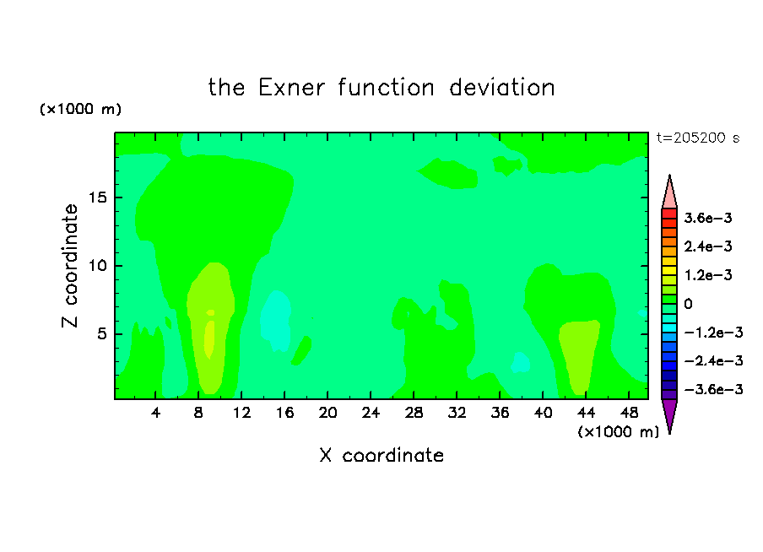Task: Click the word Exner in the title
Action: (x=291, y=88)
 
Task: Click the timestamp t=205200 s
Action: (x=698, y=138)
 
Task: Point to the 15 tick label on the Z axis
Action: (x=97, y=198)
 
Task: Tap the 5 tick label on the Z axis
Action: (x=101, y=334)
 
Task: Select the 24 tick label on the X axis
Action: (x=371, y=414)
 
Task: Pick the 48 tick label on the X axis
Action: (x=629, y=414)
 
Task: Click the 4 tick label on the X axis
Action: (x=155, y=414)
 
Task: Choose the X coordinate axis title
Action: (x=381, y=456)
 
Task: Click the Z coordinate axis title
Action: (x=69, y=266)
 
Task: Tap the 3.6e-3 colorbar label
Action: (x=708, y=218)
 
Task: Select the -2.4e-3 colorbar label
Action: (x=713, y=360)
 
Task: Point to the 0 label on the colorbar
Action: (x=688, y=304)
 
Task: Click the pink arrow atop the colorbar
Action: (x=669, y=193)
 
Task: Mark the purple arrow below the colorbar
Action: (x=669, y=414)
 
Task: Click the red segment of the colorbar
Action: (x=669, y=214)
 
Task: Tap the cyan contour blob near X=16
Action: (x=276, y=320)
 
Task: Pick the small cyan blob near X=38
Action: (x=521, y=362)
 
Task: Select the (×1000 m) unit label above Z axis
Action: (x=80, y=109)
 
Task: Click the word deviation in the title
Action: (x=502, y=88)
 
